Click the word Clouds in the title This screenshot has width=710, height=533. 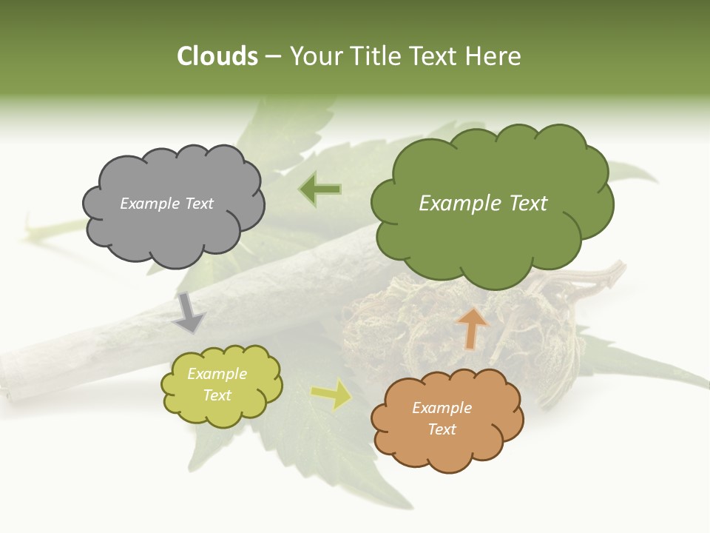click(217, 56)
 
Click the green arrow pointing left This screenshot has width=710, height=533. click(320, 190)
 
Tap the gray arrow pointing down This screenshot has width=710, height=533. click(189, 312)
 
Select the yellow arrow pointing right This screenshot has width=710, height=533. click(331, 395)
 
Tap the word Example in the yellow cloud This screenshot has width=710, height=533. click(217, 374)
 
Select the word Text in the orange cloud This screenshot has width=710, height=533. click(442, 429)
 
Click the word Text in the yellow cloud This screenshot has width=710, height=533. click(217, 395)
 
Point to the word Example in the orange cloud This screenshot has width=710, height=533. click(442, 408)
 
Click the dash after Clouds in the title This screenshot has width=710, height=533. click(273, 57)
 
